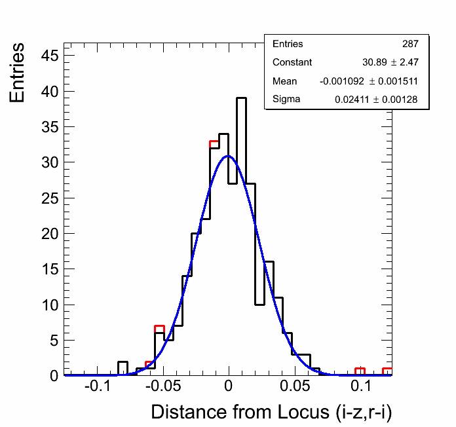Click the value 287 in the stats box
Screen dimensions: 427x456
410,44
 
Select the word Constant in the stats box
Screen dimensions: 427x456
292,62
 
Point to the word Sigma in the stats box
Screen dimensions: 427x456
286,100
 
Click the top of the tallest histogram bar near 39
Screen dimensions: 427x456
241,98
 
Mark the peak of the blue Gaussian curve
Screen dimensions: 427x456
227,156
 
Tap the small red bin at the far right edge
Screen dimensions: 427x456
387,369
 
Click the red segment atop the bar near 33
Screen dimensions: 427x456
214,141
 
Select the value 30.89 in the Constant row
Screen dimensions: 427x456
374,62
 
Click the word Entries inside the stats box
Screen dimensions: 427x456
288,44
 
